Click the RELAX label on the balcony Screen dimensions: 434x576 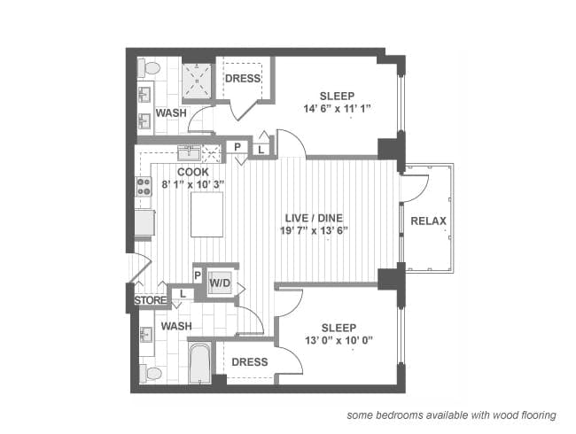point(428,221)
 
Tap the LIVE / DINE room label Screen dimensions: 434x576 point(314,218)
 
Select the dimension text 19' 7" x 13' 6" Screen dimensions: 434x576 point(315,231)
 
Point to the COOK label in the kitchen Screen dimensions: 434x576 point(192,172)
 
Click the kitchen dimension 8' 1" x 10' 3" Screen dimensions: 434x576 point(192,184)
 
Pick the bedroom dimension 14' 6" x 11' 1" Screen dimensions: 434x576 point(338,109)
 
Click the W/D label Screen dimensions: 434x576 point(220,283)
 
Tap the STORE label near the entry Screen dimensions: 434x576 point(149,300)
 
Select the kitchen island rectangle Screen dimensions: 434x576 point(207,214)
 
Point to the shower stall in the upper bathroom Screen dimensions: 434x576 point(197,82)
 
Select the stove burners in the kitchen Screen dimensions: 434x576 point(143,186)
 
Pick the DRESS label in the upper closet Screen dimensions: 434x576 point(242,79)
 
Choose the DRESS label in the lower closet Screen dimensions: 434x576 point(250,361)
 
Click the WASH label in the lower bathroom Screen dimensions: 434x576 point(176,326)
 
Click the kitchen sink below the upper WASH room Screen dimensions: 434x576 point(189,151)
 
